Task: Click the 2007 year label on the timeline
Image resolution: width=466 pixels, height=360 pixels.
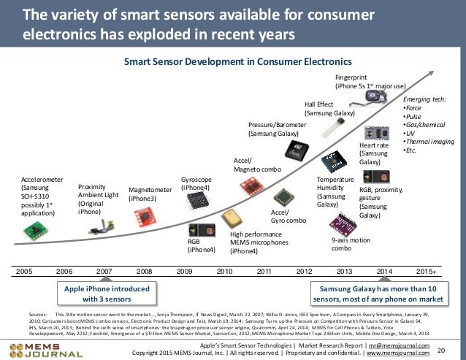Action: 104,270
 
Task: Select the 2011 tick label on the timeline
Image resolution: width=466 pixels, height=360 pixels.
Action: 264,270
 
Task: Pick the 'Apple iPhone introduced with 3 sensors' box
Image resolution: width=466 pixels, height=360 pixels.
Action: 107,294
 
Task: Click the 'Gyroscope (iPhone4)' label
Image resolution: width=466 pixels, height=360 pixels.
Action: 196,183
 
